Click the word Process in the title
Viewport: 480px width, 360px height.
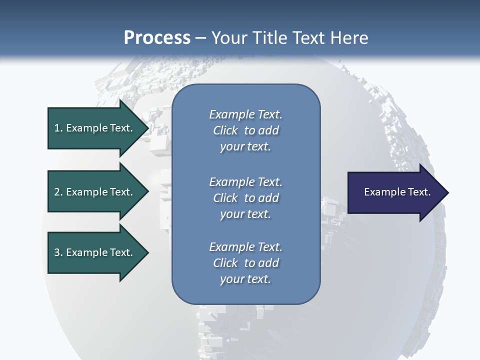pyautogui.click(x=157, y=38)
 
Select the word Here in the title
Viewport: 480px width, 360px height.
pyautogui.click(x=349, y=38)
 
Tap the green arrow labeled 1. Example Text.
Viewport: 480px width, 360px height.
pyautogui.click(x=95, y=128)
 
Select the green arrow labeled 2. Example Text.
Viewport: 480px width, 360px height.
pyautogui.click(x=95, y=192)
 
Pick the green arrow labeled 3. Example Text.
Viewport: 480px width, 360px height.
pyautogui.click(x=95, y=252)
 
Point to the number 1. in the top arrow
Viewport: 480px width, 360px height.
pyautogui.click(x=58, y=128)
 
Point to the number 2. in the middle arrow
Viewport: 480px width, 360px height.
pyautogui.click(x=58, y=192)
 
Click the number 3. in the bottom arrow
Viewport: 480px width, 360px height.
pyautogui.click(x=58, y=252)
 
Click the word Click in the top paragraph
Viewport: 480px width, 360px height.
pyautogui.click(x=225, y=130)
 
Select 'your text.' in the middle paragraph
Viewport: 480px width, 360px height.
pyautogui.click(x=245, y=214)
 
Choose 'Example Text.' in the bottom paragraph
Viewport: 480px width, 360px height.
pyautogui.click(x=245, y=247)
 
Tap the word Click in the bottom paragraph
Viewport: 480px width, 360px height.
pyautogui.click(x=225, y=263)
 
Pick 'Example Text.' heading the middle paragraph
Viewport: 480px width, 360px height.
pyautogui.click(x=245, y=181)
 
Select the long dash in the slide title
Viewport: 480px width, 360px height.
pyautogui.click(x=201, y=38)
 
